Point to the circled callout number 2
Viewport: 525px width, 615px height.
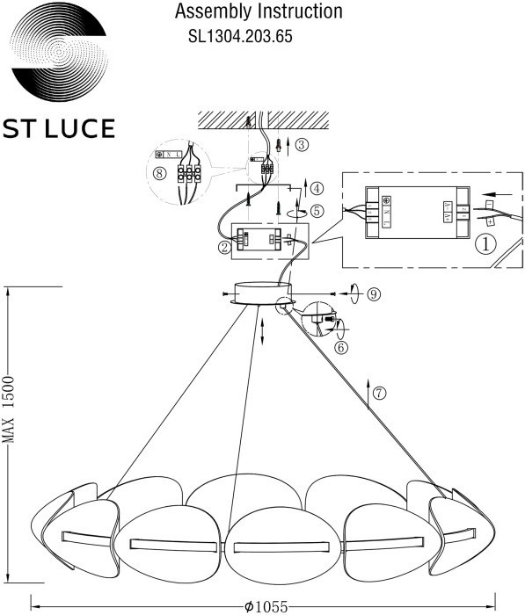click(x=225, y=248)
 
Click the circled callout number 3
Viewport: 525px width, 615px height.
click(x=302, y=144)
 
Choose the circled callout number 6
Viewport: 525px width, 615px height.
click(x=342, y=346)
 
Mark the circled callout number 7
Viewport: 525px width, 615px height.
click(x=379, y=393)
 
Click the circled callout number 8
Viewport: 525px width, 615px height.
click(x=159, y=173)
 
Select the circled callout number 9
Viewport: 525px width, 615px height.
click(x=374, y=293)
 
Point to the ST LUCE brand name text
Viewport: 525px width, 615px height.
click(x=59, y=129)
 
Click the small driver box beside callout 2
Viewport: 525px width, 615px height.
click(x=265, y=238)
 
